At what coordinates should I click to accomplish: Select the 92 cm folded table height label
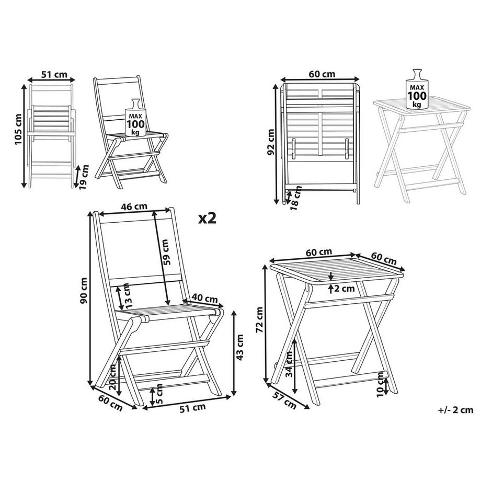[271, 143]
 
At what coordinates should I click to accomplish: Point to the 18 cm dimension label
[296, 199]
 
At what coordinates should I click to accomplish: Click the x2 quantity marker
[207, 218]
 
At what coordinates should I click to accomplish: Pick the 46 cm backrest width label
[134, 207]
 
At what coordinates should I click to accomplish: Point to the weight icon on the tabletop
[416, 89]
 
